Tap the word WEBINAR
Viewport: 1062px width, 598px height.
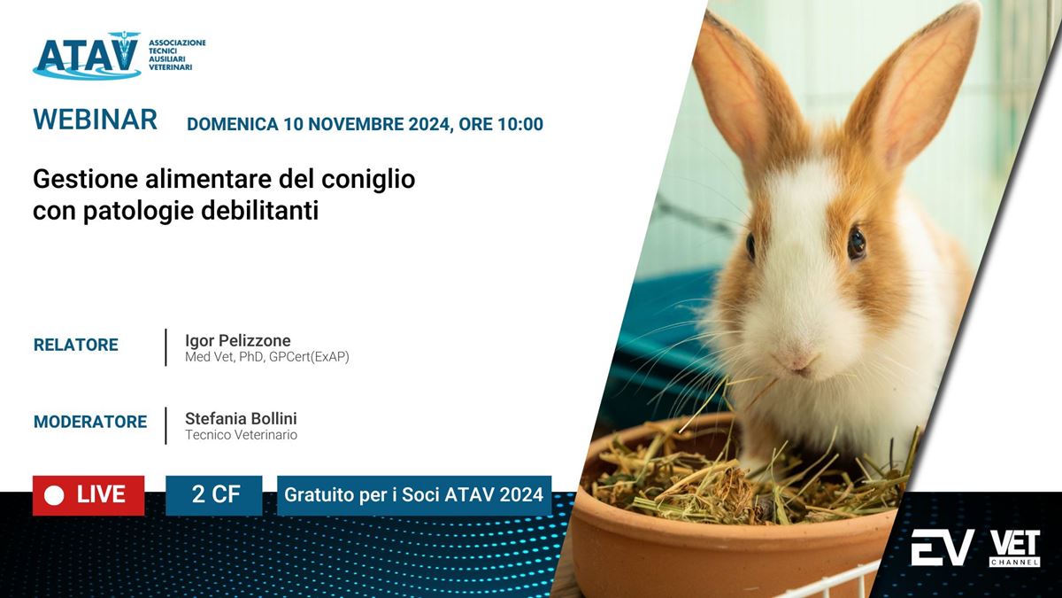point(95,119)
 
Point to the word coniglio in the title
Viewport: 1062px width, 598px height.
point(368,180)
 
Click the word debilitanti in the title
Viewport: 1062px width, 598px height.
point(259,210)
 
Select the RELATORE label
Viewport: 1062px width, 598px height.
point(76,345)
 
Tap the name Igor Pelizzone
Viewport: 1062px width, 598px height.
point(237,340)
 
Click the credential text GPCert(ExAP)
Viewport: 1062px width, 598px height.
point(309,357)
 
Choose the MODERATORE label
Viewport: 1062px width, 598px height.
point(90,422)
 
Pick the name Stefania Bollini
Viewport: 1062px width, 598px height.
point(241,418)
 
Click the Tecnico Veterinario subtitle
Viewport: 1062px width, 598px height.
point(241,435)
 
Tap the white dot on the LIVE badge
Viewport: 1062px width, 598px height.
point(54,495)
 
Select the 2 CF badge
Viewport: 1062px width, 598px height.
point(214,495)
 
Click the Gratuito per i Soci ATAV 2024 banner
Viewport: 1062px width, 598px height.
point(414,495)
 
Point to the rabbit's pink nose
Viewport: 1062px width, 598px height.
point(798,361)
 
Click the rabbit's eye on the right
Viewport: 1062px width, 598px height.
point(857,243)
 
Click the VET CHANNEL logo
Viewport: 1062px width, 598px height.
point(1014,548)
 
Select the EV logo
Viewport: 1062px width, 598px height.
point(943,548)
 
